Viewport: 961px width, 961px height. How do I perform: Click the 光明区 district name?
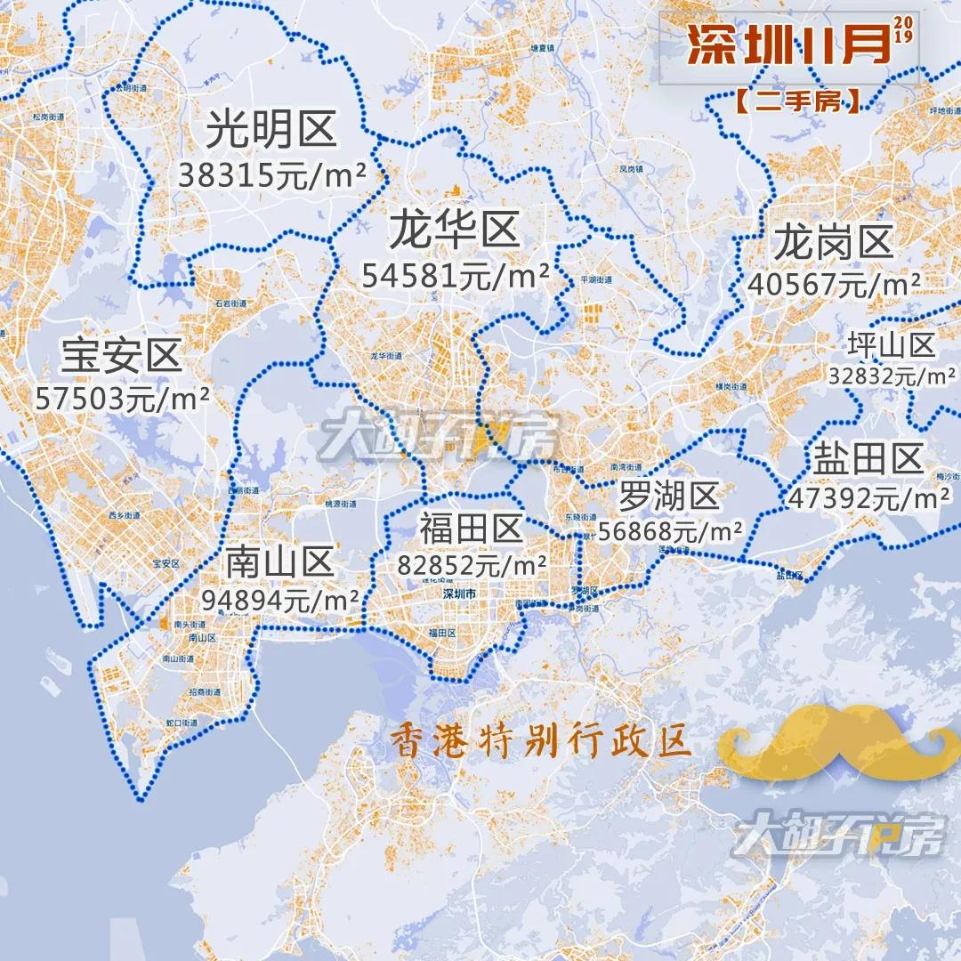point(271,131)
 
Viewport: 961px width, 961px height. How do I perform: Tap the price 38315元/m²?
point(272,175)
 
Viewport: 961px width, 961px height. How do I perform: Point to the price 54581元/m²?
point(455,276)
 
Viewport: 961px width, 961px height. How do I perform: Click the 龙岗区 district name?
point(833,242)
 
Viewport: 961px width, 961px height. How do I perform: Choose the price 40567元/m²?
point(834,285)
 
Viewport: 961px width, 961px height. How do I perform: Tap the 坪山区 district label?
point(891,345)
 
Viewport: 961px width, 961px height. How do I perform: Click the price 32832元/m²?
point(892,376)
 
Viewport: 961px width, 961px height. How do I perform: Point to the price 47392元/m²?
point(868,498)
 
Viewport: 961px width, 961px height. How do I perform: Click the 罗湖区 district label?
point(669,497)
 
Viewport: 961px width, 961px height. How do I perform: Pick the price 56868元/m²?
point(670,531)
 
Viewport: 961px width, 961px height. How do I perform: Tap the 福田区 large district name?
point(471,529)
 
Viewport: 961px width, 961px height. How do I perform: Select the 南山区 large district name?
point(279,562)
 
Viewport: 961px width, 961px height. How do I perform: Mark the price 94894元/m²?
point(280,600)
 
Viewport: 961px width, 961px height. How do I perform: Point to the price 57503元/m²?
point(123,398)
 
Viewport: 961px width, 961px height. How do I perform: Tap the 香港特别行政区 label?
point(541,741)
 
